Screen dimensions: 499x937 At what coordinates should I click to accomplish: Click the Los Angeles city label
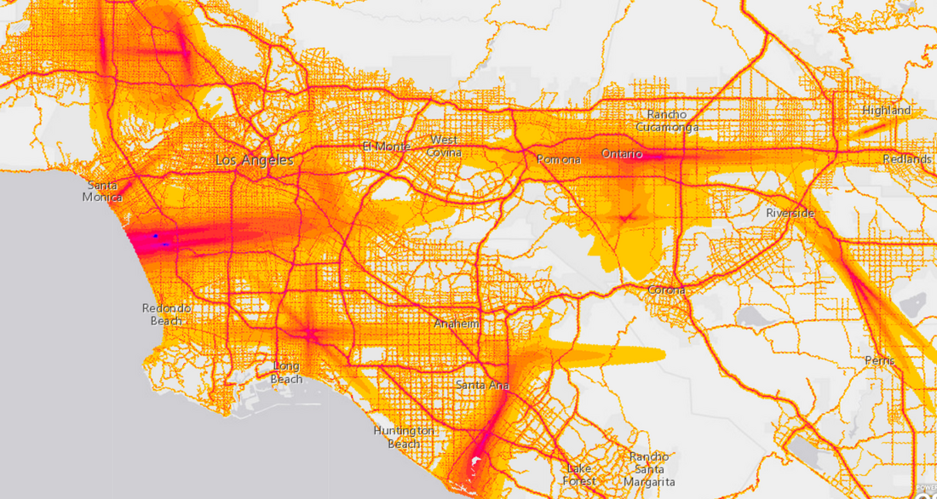coord(254,160)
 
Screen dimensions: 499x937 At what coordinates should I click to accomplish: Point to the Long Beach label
coord(286,372)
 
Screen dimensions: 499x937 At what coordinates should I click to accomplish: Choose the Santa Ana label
coord(482,386)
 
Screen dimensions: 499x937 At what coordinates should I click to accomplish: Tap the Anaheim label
coord(457,324)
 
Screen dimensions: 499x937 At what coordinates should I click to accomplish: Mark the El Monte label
coord(386,146)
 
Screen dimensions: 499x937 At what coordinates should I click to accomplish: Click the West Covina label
coord(443,146)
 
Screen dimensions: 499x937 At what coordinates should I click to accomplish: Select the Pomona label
coord(559,159)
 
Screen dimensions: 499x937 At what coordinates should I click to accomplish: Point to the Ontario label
coord(622,154)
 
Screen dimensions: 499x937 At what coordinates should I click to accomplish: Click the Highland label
coord(886,111)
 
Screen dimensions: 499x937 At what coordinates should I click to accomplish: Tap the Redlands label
coord(906,159)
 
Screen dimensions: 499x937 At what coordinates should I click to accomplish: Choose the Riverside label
coord(790,212)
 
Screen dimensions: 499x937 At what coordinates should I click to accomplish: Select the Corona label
coord(666,290)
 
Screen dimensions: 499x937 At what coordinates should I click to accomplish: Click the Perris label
coord(878,360)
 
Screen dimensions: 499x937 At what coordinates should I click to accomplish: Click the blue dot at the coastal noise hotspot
coord(156,234)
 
